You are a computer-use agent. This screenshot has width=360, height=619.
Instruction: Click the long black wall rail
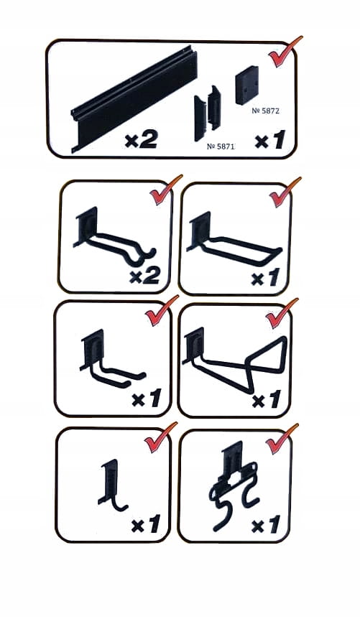pyautogui.click(x=134, y=98)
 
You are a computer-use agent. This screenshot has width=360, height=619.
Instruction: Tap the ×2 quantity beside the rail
pyautogui.click(x=141, y=139)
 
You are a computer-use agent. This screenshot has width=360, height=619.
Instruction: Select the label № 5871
pyautogui.click(x=221, y=146)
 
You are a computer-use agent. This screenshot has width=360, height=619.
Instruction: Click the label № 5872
pyautogui.click(x=265, y=111)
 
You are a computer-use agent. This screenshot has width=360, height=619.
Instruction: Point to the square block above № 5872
pyautogui.click(x=247, y=85)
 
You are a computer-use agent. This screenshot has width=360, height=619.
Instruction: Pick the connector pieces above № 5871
pyautogui.click(x=207, y=113)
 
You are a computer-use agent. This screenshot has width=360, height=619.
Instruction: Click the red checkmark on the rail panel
pyautogui.click(x=285, y=51)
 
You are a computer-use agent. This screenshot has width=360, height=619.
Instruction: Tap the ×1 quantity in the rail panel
pyautogui.click(x=270, y=140)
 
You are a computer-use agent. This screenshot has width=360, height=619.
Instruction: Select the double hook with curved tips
pyautogui.click(x=114, y=240)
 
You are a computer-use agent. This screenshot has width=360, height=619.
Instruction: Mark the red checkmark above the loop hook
pyautogui.click(x=285, y=192)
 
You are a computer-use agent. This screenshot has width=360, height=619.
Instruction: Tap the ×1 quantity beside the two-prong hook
pyautogui.click(x=147, y=399)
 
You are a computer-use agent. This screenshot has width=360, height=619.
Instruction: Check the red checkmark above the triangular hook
pyautogui.click(x=282, y=313)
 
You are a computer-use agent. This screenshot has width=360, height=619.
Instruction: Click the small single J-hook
pyautogui.click(x=111, y=485)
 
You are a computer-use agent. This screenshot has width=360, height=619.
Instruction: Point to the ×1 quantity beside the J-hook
pyautogui.click(x=146, y=523)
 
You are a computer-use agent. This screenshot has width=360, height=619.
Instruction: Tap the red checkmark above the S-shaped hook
pyautogui.click(x=282, y=439)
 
